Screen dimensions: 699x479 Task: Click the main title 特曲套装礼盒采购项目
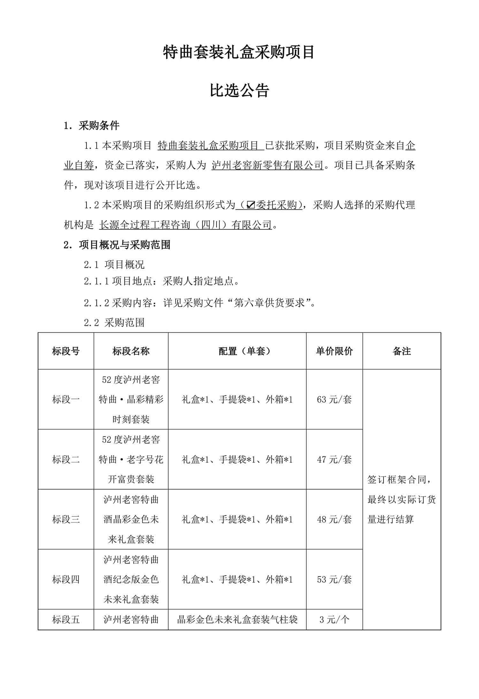pyautogui.click(x=239, y=52)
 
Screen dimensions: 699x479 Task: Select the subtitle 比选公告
pyautogui.click(x=240, y=91)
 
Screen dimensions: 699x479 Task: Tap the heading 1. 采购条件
pyautogui.click(x=92, y=126)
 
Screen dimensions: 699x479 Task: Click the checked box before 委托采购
pyautogui.click(x=251, y=205)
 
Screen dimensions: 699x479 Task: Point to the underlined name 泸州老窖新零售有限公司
pyautogui.click(x=268, y=165)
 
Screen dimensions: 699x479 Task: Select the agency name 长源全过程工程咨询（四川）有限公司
pyautogui.click(x=185, y=225)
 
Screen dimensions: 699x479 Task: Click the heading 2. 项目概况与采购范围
pyautogui.click(x=117, y=245)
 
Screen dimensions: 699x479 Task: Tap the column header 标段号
pyautogui.click(x=66, y=351)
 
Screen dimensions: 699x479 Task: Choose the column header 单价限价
pyautogui.click(x=334, y=351)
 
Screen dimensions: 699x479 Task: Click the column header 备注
pyautogui.click(x=402, y=351)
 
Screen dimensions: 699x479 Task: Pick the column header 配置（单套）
pyautogui.click(x=237, y=351)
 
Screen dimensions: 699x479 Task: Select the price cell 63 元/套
pyautogui.click(x=334, y=399)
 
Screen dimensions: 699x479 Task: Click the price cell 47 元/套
pyautogui.click(x=334, y=459)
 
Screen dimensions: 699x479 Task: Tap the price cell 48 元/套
pyautogui.click(x=334, y=519)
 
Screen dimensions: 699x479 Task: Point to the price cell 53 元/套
pyautogui.click(x=334, y=579)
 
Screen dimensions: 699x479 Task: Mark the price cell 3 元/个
pyautogui.click(x=334, y=619)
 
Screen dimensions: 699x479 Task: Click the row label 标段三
pyautogui.click(x=66, y=519)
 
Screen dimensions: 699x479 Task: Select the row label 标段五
pyautogui.click(x=66, y=619)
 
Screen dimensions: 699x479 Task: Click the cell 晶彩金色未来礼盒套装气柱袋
pyautogui.click(x=237, y=619)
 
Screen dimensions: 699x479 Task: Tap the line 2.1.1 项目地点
pyautogui.click(x=161, y=281)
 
